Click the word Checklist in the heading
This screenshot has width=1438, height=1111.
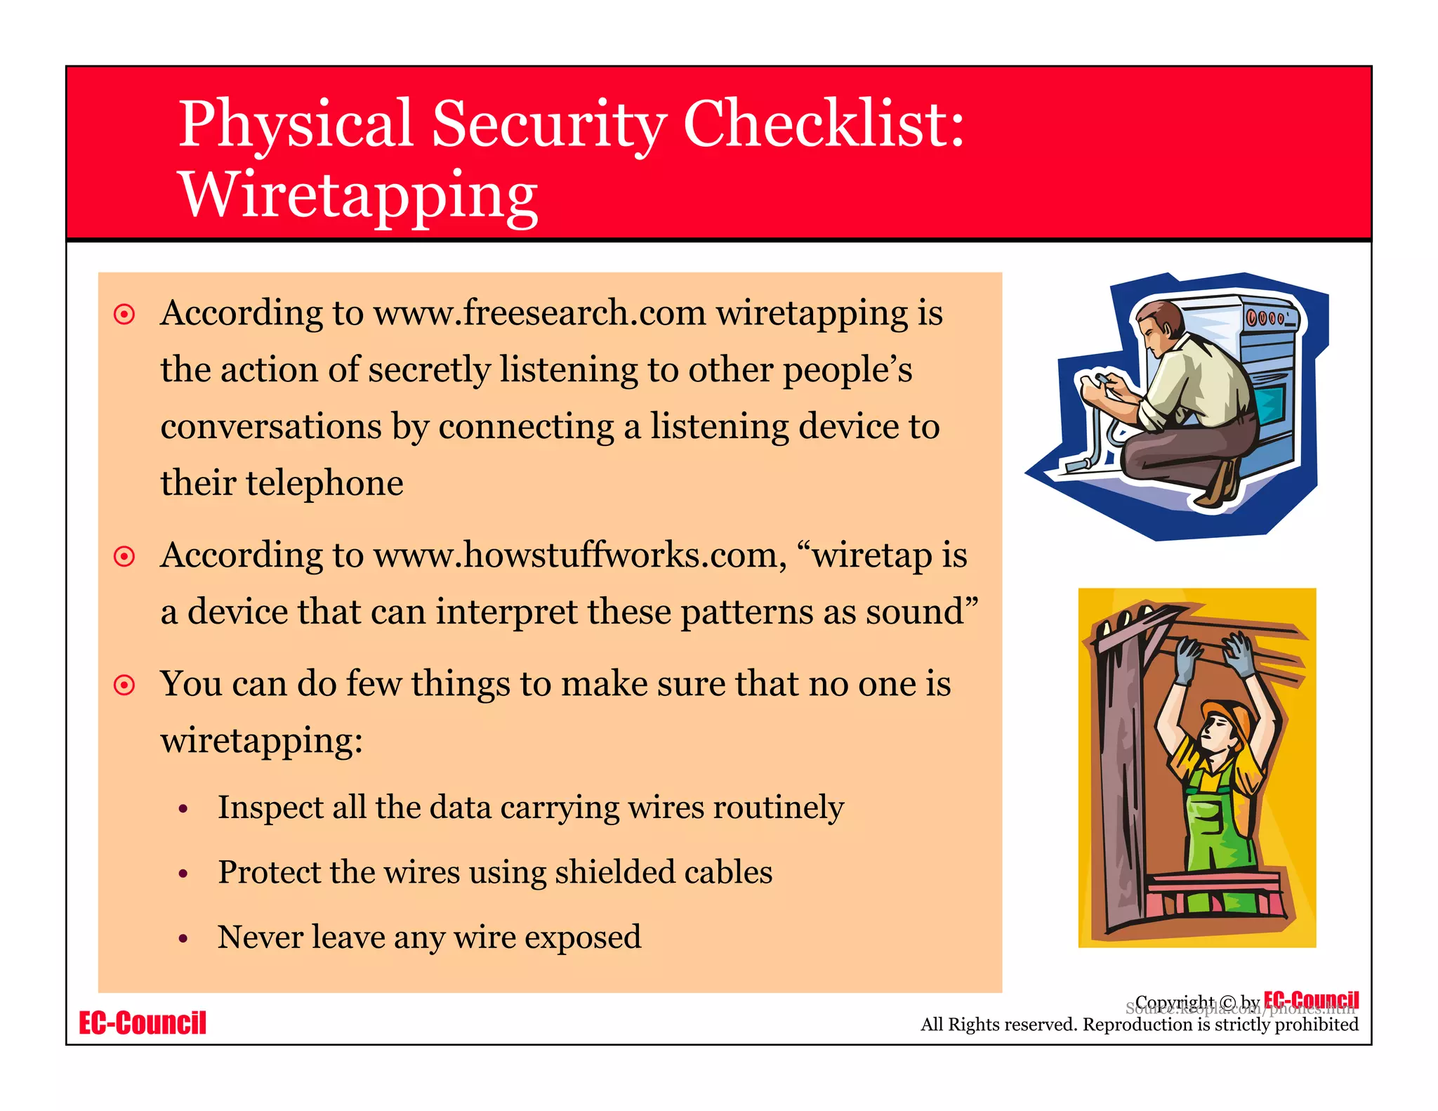824,124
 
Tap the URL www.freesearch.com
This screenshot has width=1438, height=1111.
539,313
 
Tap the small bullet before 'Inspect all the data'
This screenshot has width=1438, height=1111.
183,809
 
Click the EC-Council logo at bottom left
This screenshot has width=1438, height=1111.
143,1023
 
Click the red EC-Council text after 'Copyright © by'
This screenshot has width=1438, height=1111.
1311,999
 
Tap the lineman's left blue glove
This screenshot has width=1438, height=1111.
1187,659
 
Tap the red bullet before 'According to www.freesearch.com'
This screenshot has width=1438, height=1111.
124,314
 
